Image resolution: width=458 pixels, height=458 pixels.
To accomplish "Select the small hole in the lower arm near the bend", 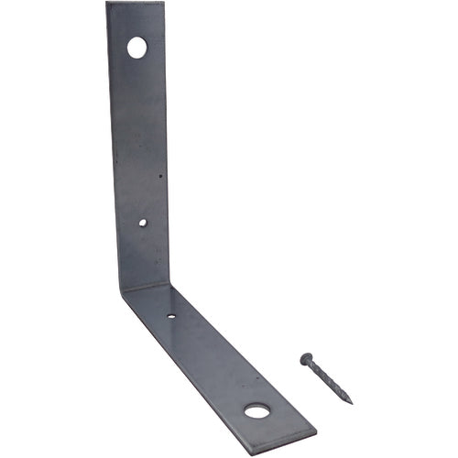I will pyautogui.click(x=171, y=317).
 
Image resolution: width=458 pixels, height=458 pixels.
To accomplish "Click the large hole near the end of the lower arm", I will pyautogui.click(x=257, y=410).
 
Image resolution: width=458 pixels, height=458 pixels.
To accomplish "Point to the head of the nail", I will pyautogui.click(x=306, y=358).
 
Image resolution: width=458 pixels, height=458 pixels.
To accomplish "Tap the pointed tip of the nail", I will pyautogui.click(x=352, y=401).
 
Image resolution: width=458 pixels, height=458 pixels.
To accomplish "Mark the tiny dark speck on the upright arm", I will pyautogui.click(x=160, y=177).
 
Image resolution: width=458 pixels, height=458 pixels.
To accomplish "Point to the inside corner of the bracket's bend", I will pyautogui.click(x=169, y=284).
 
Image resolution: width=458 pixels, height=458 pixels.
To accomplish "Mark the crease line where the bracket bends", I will pyautogui.click(x=145, y=288).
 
